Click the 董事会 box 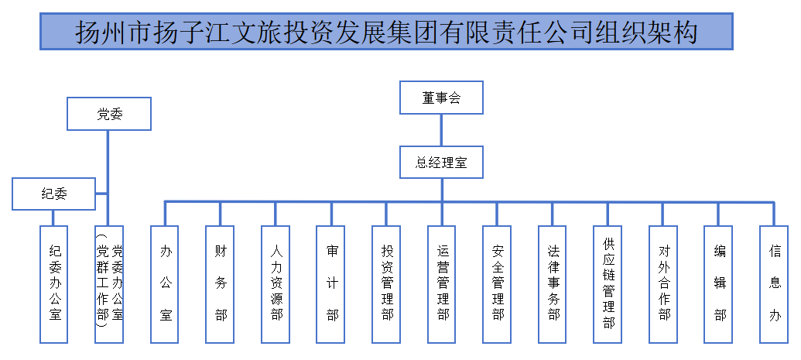click(x=441, y=98)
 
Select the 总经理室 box click(x=441, y=163)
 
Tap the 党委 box click(x=109, y=115)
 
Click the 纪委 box click(x=54, y=194)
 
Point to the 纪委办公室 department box click(x=54, y=283)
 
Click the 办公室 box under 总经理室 click(x=165, y=283)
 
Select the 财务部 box click(x=221, y=283)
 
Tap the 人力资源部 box click(x=276, y=283)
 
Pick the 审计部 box click(x=331, y=283)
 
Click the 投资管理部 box click(x=387, y=283)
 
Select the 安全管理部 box click(x=498, y=283)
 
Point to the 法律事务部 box click(x=553, y=283)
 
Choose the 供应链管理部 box click(x=608, y=283)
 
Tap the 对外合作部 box click(x=663, y=283)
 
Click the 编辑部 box click(x=719, y=283)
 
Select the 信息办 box click(x=774, y=283)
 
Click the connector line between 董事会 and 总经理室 click(x=441, y=130)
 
